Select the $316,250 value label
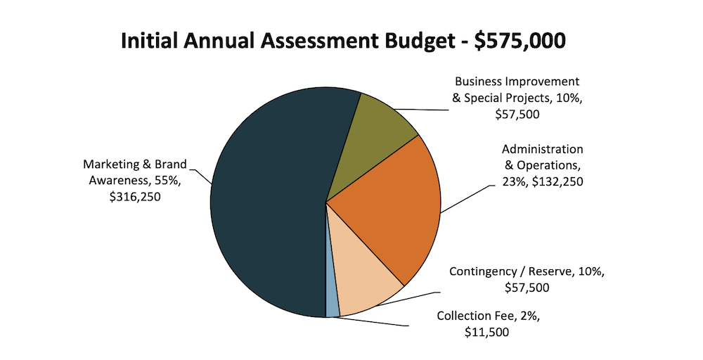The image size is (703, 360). pos(136,198)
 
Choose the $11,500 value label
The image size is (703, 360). pos(487,332)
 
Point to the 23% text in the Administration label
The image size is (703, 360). pos(512,182)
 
